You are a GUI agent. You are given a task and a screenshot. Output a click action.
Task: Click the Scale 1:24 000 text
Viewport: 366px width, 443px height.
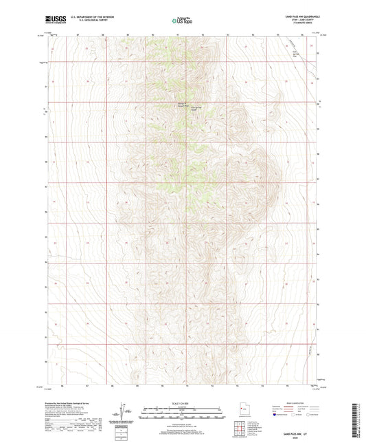[182, 403]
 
